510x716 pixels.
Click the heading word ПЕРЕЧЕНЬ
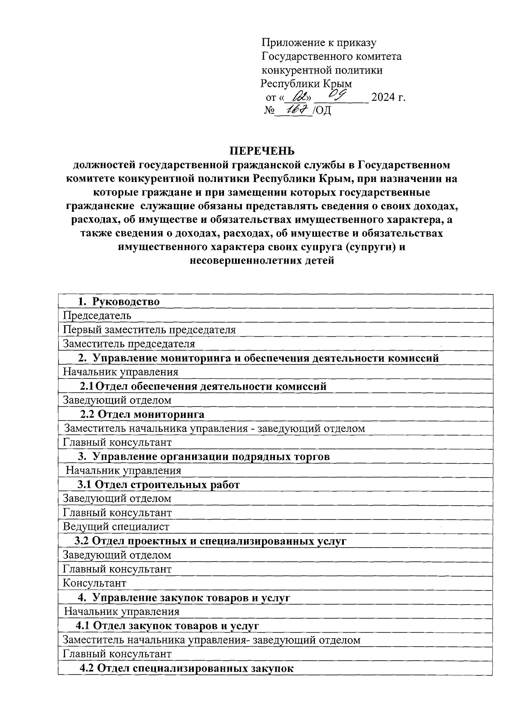point(262,151)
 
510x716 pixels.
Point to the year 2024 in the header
point(383,97)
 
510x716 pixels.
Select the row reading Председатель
point(97,315)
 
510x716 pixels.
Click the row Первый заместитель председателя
point(149,330)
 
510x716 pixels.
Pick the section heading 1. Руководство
point(119,302)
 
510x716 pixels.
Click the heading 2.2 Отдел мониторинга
point(142,414)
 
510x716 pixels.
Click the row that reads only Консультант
point(95,583)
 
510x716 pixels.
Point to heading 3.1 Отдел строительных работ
point(158,485)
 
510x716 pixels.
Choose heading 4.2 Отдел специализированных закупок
point(187,668)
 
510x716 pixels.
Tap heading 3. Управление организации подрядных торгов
point(204,457)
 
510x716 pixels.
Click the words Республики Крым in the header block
point(306,83)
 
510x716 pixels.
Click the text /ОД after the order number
point(322,111)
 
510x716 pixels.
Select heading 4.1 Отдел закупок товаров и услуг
point(167,625)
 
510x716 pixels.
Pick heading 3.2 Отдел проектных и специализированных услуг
point(210,541)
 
